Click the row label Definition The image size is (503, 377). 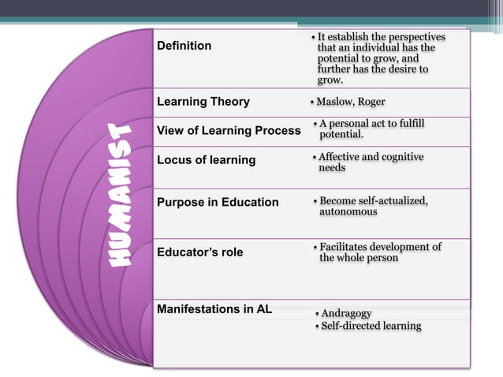[x=184, y=46]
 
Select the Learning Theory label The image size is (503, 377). [x=203, y=102]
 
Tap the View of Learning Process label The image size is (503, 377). [x=229, y=130]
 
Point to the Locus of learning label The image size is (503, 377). [x=207, y=160]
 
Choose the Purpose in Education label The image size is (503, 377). [x=218, y=203]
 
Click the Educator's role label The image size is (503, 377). [x=200, y=252]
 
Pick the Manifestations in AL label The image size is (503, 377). [x=214, y=308]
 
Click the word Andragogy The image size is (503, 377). [x=346, y=313]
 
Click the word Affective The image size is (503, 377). [x=341, y=157]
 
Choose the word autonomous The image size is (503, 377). [x=348, y=211]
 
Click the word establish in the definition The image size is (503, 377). [x=353, y=37]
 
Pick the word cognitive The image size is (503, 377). [x=401, y=157]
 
